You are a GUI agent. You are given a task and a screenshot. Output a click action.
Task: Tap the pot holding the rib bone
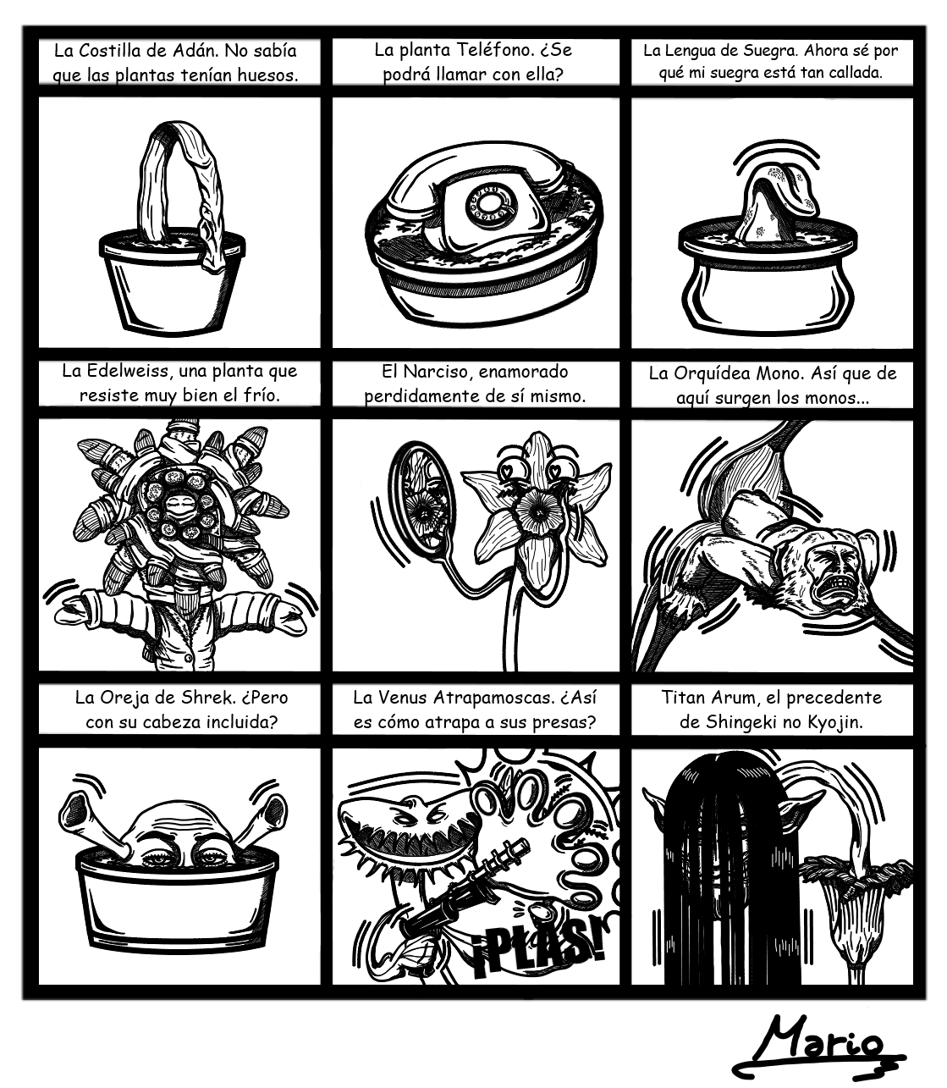[172, 282]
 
